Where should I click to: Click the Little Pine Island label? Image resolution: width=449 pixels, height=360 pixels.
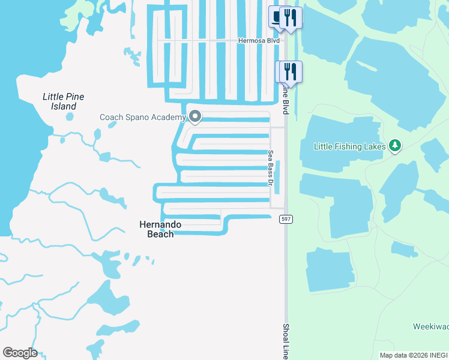[x=63, y=101]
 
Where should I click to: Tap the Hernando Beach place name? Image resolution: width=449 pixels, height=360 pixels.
[x=160, y=229]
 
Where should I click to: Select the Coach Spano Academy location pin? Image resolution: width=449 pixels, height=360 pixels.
[x=194, y=115]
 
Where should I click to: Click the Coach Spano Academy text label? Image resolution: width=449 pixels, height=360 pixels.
[x=142, y=117]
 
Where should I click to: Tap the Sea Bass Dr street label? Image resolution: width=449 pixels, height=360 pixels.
[x=271, y=167]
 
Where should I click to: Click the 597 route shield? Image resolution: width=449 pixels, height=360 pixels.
[x=286, y=220]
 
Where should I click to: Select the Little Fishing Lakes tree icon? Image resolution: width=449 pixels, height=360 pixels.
[x=394, y=145]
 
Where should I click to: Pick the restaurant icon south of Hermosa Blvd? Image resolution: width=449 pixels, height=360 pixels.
[x=291, y=71]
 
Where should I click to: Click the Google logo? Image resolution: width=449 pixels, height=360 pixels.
[x=20, y=353]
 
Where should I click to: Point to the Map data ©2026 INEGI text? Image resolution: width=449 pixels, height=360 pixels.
[x=413, y=355]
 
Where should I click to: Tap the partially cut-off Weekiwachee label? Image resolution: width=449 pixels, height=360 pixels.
[x=430, y=327]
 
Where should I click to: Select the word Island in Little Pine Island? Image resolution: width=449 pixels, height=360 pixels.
[x=63, y=106]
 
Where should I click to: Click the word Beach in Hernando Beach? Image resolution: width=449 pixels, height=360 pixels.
[x=160, y=234]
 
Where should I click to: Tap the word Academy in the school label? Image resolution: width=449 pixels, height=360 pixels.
[x=168, y=117]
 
